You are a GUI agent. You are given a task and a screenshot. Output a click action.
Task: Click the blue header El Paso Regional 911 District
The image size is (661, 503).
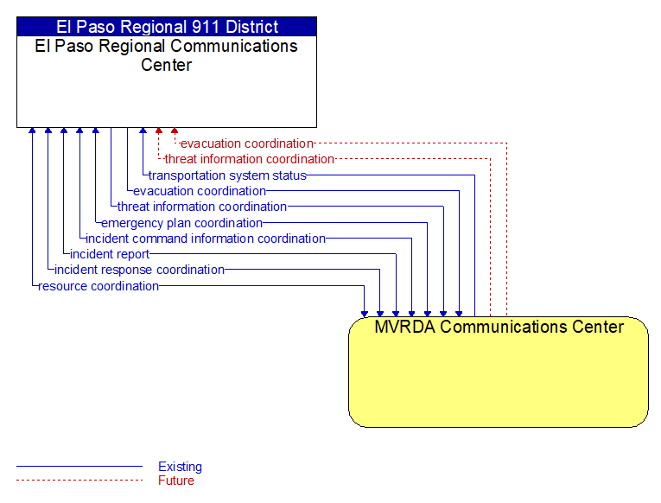coord(167,27)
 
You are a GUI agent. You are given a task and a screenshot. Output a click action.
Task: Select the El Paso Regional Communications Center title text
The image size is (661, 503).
coord(167,55)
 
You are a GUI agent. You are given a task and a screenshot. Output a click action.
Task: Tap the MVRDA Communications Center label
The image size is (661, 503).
coord(499,327)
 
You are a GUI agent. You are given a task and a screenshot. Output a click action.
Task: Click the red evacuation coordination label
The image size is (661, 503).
coord(247,143)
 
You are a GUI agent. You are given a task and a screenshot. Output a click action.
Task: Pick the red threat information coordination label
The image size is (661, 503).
coord(249,159)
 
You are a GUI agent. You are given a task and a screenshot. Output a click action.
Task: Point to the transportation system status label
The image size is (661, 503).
coord(227,175)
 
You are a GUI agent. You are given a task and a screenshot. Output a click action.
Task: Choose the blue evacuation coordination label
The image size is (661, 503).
coord(200,191)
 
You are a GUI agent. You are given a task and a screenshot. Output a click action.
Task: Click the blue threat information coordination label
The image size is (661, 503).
coord(202,207)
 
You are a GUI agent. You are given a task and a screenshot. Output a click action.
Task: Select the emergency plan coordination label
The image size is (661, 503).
coord(181,223)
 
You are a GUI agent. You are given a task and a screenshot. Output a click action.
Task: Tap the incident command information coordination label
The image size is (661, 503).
coord(206,239)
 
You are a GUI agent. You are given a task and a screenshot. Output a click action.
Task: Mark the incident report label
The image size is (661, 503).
coord(110,254)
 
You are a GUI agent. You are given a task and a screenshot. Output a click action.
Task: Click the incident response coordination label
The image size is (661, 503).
coord(139,270)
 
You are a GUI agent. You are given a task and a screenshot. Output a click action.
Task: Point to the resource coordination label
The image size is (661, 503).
coord(99,286)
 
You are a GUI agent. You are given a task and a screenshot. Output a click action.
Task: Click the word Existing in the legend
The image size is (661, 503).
coord(180,467)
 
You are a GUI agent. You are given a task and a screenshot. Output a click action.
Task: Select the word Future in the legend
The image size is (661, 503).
coord(176,481)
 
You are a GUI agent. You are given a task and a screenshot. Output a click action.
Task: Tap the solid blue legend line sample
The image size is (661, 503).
coord(79,467)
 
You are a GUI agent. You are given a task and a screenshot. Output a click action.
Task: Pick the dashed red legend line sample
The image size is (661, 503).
coord(79,480)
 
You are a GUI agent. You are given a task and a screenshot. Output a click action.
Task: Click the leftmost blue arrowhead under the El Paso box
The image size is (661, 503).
coord(32,131)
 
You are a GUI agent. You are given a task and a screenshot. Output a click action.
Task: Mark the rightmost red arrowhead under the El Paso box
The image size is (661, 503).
coord(175,131)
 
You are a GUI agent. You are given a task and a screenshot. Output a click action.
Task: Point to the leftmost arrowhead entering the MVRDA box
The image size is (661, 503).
coord(365,314)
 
